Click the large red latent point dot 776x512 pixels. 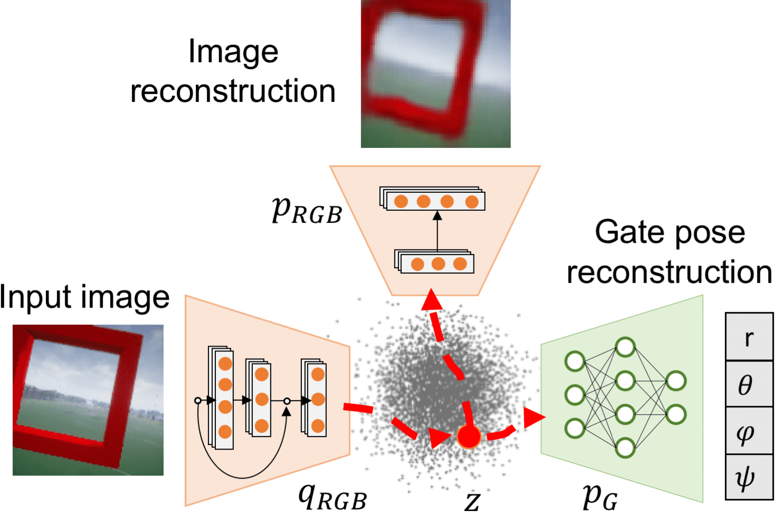point(469,437)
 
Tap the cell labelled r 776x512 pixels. point(749,337)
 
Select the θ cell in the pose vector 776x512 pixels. point(749,384)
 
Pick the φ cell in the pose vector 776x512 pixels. point(749,431)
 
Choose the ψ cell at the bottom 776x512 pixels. point(749,477)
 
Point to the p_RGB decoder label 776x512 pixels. point(307,210)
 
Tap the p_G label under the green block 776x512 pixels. point(600,496)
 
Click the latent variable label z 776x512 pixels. point(472,501)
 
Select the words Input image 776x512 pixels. point(84,297)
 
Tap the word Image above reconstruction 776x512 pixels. point(233,52)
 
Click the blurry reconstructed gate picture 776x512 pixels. point(436,74)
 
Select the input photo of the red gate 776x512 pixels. point(88,400)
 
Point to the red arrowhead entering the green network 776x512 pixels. point(535,418)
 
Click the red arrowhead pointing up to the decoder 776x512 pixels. point(432,300)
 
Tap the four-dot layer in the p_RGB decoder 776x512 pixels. point(432,200)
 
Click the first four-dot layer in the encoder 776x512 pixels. point(221,398)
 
